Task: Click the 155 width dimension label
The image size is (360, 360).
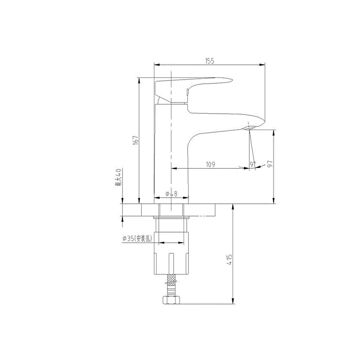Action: (x=209, y=61)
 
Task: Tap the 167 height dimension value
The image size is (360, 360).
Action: (x=135, y=140)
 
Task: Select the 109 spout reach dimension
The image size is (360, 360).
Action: (x=210, y=164)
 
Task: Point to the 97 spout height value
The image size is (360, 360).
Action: (x=270, y=163)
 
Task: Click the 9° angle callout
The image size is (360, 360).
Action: (x=253, y=164)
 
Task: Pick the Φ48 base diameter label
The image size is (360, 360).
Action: (x=171, y=194)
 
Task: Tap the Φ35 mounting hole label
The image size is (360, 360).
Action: (x=137, y=238)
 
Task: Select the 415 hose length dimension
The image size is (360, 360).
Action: (x=230, y=260)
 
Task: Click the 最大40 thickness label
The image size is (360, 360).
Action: (x=118, y=177)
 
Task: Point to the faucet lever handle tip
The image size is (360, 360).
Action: (x=232, y=81)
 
